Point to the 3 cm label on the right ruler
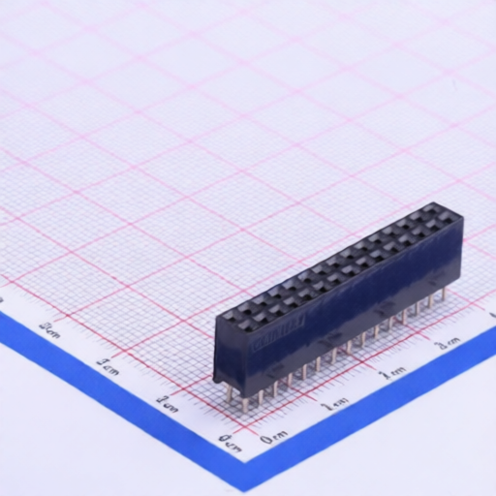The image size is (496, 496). coord(447,343)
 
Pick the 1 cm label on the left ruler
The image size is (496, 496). coord(166,400)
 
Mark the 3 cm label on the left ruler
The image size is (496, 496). coord(49,327)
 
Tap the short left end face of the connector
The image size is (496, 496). coord(220,351)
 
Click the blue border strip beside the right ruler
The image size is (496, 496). coord(387,407)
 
